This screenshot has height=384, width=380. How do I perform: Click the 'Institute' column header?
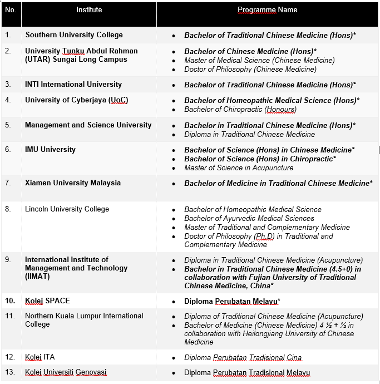tap(89, 10)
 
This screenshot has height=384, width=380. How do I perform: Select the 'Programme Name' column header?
tap(267, 10)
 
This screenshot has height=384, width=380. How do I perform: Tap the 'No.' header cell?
tap(11, 10)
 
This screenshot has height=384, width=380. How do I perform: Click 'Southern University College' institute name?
tap(74, 35)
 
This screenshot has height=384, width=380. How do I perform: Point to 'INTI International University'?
tap(73, 85)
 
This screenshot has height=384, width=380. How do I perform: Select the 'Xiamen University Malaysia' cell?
tap(73, 183)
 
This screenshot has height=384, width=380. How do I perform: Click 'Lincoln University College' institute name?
tap(67, 209)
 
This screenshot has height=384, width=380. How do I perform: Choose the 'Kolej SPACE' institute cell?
tap(47, 301)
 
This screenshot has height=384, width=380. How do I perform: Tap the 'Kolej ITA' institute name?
tap(40, 357)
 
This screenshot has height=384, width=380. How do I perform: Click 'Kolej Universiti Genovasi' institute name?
tap(66, 372)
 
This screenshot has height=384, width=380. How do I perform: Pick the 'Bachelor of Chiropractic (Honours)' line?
tap(240, 110)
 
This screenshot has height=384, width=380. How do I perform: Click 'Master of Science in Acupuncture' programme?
tap(239, 168)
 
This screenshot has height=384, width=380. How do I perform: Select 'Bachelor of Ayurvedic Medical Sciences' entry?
tap(249, 219)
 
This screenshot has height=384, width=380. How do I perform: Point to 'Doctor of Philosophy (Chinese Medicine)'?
tap(250, 70)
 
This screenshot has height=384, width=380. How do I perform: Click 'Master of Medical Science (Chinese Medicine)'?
tap(259, 61)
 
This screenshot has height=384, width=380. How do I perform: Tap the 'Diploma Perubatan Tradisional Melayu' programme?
tap(247, 373)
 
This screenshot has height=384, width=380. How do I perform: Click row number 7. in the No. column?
tap(8, 183)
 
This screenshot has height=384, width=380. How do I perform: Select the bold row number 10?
tap(10, 301)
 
